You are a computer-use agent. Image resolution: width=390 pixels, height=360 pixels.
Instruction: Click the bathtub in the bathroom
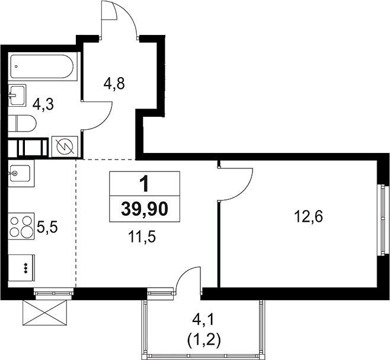41,66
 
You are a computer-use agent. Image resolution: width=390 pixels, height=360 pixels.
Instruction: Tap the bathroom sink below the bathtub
17,95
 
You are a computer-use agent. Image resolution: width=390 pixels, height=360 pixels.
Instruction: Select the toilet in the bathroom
22,123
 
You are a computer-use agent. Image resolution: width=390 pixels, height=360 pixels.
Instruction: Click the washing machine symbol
65,146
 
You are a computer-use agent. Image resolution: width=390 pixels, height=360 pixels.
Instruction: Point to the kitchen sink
21,173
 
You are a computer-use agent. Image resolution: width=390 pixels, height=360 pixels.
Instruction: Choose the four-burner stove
21,226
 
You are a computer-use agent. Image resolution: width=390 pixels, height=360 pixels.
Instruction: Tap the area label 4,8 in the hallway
114,84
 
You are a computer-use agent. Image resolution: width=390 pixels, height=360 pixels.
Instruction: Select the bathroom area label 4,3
43,104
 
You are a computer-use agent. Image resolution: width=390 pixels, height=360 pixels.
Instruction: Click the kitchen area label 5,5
47,227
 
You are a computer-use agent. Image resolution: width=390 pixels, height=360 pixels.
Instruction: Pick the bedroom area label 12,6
308,216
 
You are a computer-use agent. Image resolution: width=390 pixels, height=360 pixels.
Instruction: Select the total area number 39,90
145,209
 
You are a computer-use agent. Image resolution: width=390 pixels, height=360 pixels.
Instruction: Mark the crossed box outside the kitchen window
45,313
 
